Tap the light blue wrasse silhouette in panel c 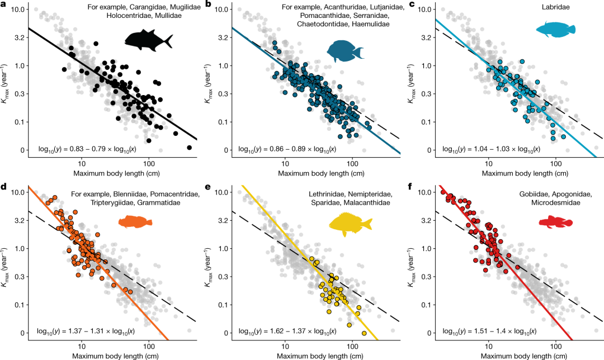554,30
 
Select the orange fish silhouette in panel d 135,222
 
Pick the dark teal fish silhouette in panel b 345,51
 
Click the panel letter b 208,4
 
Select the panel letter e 208,187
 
